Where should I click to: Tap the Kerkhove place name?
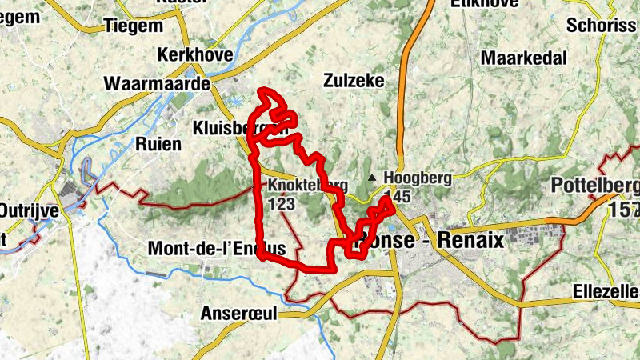(x=195, y=55)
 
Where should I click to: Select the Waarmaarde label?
(x=156, y=84)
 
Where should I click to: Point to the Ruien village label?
(x=158, y=144)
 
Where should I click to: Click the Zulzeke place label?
(x=354, y=81)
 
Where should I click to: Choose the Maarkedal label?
(x=524, y=58)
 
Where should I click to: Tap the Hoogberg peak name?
(x=418, y=178)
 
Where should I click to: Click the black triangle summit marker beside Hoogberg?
(x=371, y=178)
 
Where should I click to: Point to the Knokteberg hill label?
(x=307, y=186)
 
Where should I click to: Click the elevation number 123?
(x=282, y=204)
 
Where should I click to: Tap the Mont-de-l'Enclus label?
(x=216, y=249)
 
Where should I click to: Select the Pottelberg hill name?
(x=595, y=187)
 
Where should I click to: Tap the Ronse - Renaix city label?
(x=432, y=239)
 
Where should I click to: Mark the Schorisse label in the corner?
(x=602, y=25)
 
